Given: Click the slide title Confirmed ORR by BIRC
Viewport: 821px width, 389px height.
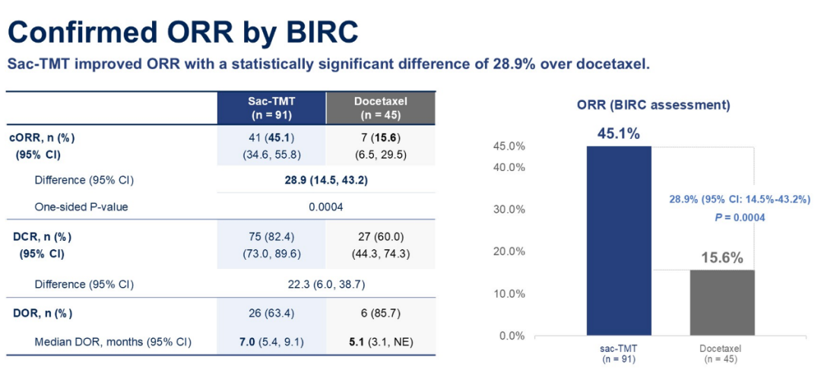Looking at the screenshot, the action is click(183, 33).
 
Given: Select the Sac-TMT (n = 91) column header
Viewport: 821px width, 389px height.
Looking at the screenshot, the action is click(271, 108).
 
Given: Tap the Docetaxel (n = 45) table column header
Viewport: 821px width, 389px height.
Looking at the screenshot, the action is click(380, 108).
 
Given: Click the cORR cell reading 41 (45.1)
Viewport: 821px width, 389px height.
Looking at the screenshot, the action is click(271, 138).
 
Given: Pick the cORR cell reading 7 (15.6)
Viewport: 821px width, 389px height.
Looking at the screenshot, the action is click(380, 138).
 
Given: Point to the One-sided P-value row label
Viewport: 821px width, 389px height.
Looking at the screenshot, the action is click(81, 207).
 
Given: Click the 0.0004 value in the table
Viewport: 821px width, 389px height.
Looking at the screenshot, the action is click(325, 207).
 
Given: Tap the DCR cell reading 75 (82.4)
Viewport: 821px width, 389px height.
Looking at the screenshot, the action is click(271, 236).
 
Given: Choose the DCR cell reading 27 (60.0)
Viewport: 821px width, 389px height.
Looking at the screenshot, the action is click(380, 236).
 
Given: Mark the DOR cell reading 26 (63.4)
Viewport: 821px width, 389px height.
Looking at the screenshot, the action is click(271, 314).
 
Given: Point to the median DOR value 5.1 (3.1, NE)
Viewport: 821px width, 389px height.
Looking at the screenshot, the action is click(380, 343).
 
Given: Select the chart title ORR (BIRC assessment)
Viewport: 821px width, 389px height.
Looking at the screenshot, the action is click(654, 105).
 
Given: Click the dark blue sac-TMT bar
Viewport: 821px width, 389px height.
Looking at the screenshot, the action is click(619, 240).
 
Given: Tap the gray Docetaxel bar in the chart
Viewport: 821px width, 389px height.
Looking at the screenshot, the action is click(722, 302).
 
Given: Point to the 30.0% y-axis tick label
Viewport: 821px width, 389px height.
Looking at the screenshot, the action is click(510, 210).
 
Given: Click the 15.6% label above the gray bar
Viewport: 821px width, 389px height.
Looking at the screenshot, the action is click(722, 258).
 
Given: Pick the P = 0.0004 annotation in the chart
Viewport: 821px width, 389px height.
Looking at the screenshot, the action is click(740, 218).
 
